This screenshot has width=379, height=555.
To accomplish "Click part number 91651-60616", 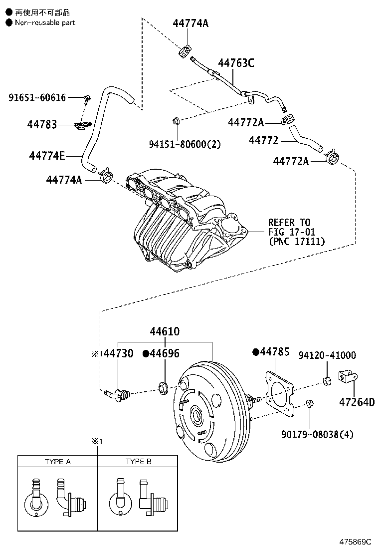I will pyautogui.click(x=37, y=97).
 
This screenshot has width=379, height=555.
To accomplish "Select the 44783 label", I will pyautogui.click(x=42, y=124).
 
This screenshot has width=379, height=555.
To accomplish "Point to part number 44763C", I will pyautogui.click(x=236, y=63).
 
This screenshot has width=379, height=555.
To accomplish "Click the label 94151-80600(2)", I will pyautogui.click(x=185, y=144).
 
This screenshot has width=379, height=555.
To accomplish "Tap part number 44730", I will pyautogui.click(x=119, y=354).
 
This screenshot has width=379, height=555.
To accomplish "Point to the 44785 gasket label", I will pyautogui.click(x=274, y=352).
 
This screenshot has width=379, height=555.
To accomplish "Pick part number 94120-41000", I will pyautogui.click(x=327, y=355).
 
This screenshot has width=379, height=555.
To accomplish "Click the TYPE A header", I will pyautogui.click(x=57, y=462).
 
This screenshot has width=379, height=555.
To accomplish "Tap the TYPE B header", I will pyautogui.click(x=138, y=462).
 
